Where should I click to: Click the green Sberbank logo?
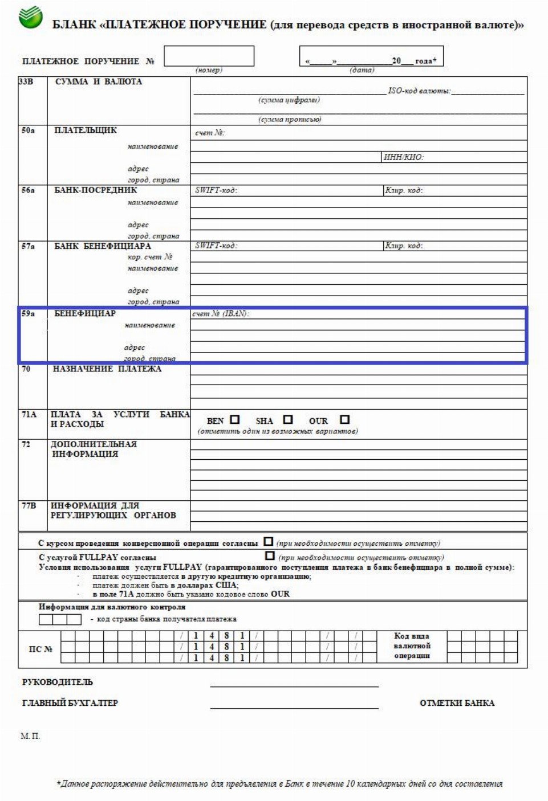pyautogui.click(x=30, y=17)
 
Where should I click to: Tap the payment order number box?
pyautogui.click(x=209, y=56)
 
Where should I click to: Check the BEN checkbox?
pyautogui.click(x=235, y=419)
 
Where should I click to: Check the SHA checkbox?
pyautogui.click(x=288, y=419)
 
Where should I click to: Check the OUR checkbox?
pyautogui.click(x=344, y=419)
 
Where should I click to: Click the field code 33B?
pyautogui.click(x=26, y=81)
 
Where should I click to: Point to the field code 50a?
pyautogui.click(x=28, y=130)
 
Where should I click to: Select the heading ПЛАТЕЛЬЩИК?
pyautogui.click(x=86, y=130)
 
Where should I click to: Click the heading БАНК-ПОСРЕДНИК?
pyautogui.click(x=96, y=190)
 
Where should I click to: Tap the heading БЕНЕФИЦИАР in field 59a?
pyautogui.click(x=85, y=313)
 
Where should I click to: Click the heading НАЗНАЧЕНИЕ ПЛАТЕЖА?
pyautogui.click(x=107, y=369)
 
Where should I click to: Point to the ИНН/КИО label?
pyautogui.click(x=404, y=157)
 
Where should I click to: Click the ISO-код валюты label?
pyautogui.click(x=419, y=91)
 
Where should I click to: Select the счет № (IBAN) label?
pyautogui.click(x=221, y=313)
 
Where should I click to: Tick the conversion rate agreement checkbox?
pyautogui.click(x=269, y=541)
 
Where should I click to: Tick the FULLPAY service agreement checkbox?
pyautogui.click(x=270, y=555)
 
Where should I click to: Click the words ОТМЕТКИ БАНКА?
pyautogui.click(x=457, y=703)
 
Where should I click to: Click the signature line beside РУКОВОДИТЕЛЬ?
pyautogui.click(x=294, y=685)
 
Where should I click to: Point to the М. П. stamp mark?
pyautogui.click(x=30, y=736)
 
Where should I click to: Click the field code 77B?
pyautogui.click(x=29, y=505)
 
